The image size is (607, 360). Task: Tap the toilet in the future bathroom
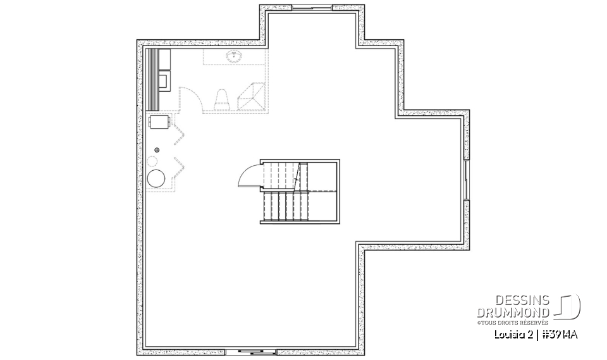[x=221, y=99]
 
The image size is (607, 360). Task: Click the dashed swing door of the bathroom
[x=190, y=98]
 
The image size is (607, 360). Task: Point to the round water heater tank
[x=156, y=178]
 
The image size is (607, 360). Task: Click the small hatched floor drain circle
[x=157, y=149]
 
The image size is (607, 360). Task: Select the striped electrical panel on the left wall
[x=152, y=79]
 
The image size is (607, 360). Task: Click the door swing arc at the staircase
[x=248, y=175]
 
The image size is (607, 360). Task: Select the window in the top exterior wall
[x=313, y=8]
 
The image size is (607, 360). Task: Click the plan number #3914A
[x=558, y=334]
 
